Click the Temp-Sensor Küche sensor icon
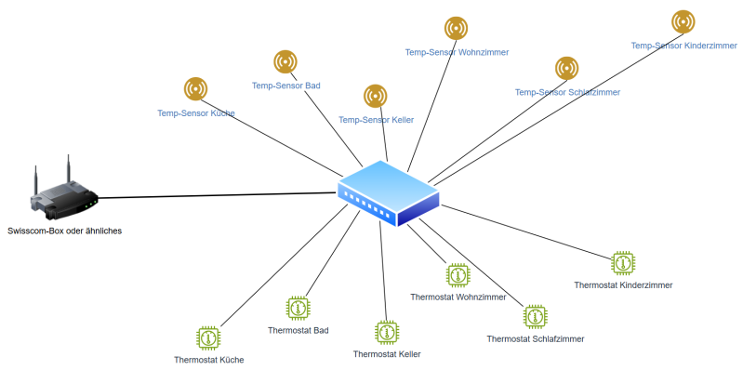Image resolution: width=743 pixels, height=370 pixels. click(195, 88)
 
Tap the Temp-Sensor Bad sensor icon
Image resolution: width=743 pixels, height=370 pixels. click(285, 61)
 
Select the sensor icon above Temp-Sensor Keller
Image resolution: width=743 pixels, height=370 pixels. click(376, 96)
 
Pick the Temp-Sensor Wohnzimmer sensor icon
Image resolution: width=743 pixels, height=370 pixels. click(456, 28)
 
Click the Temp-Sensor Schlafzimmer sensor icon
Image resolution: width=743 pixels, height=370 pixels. click(566, 68)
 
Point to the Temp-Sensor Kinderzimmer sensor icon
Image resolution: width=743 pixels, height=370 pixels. click(683, 21)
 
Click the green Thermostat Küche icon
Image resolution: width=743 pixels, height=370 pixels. click(208, 337)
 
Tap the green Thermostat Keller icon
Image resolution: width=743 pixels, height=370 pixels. click(387, 333)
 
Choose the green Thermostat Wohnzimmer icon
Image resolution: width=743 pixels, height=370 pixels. click(458, 275)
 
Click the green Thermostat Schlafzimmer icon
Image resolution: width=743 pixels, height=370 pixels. click(536, 317)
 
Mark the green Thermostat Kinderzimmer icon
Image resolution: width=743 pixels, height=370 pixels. click(623, 263)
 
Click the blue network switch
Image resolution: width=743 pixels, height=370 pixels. click(388, 193)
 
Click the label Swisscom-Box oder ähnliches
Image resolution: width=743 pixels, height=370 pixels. click(65, 231)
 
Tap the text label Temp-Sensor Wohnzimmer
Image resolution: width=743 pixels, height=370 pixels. click(457, 52)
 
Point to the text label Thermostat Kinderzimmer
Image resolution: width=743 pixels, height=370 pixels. click(623, 285)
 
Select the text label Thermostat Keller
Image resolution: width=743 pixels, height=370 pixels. click(387, 354)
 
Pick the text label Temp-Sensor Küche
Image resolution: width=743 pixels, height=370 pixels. click(196, 113)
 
